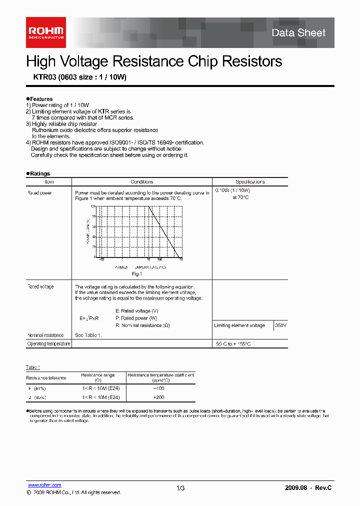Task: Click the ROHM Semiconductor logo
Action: click(x=45, y=32)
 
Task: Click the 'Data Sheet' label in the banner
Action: click(x=298, y=33)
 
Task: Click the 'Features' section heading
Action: click(x=40, y=99)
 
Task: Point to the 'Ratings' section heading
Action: click(x=39, y=173)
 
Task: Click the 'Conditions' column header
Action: click(x=142, y=182)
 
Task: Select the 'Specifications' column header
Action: click(x=250, y=182)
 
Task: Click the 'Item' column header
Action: click(x=49, y=182)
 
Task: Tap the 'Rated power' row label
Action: click(x=39, y=192)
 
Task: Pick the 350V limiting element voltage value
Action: click(x=280, y=325)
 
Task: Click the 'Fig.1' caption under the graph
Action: click(x=137, y=274)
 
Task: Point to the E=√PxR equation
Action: click(x=89, y=318)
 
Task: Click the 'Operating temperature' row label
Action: click(x=48, y=344)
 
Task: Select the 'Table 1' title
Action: click(x=33, y=367)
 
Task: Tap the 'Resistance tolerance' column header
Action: click(x=46, y=378)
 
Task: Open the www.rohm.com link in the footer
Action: click(x=44, y=485)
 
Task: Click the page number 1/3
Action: click(x=180, y=488)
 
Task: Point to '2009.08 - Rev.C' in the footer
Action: click(x=308, y=488)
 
